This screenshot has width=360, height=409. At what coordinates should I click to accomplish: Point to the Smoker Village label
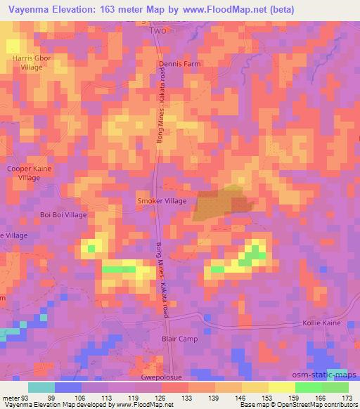[162, 201]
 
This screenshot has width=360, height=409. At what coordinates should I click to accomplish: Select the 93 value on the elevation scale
[22, 397]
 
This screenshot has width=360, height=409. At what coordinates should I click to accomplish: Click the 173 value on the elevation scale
[347, 397]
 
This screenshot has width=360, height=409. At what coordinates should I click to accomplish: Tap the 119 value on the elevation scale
[136, 397]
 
